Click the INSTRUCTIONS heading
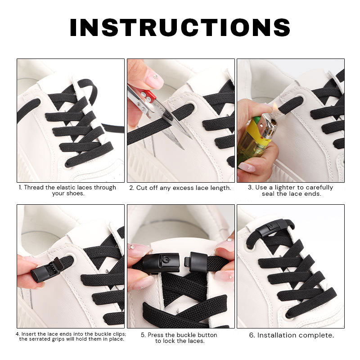180,27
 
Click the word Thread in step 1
34,187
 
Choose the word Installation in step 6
280,335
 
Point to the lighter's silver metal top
269,127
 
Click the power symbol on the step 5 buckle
166,260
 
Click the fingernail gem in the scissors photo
156,77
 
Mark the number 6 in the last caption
252,335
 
